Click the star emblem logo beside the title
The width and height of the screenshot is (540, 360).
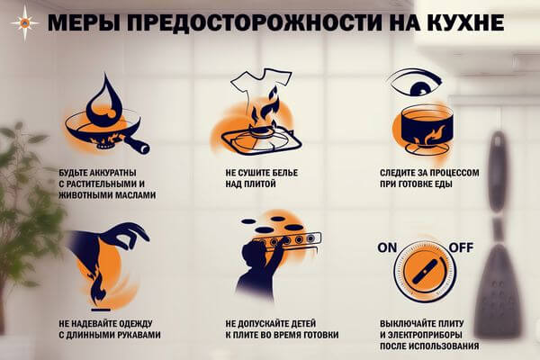(25, 23)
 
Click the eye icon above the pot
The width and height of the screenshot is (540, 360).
(415, 83)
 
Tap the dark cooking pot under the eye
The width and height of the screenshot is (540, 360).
(427, 128)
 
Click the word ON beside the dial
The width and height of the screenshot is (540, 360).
(387, 247)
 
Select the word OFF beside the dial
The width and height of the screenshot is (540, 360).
(461, 247)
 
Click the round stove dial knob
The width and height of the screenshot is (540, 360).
(426, 272)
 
